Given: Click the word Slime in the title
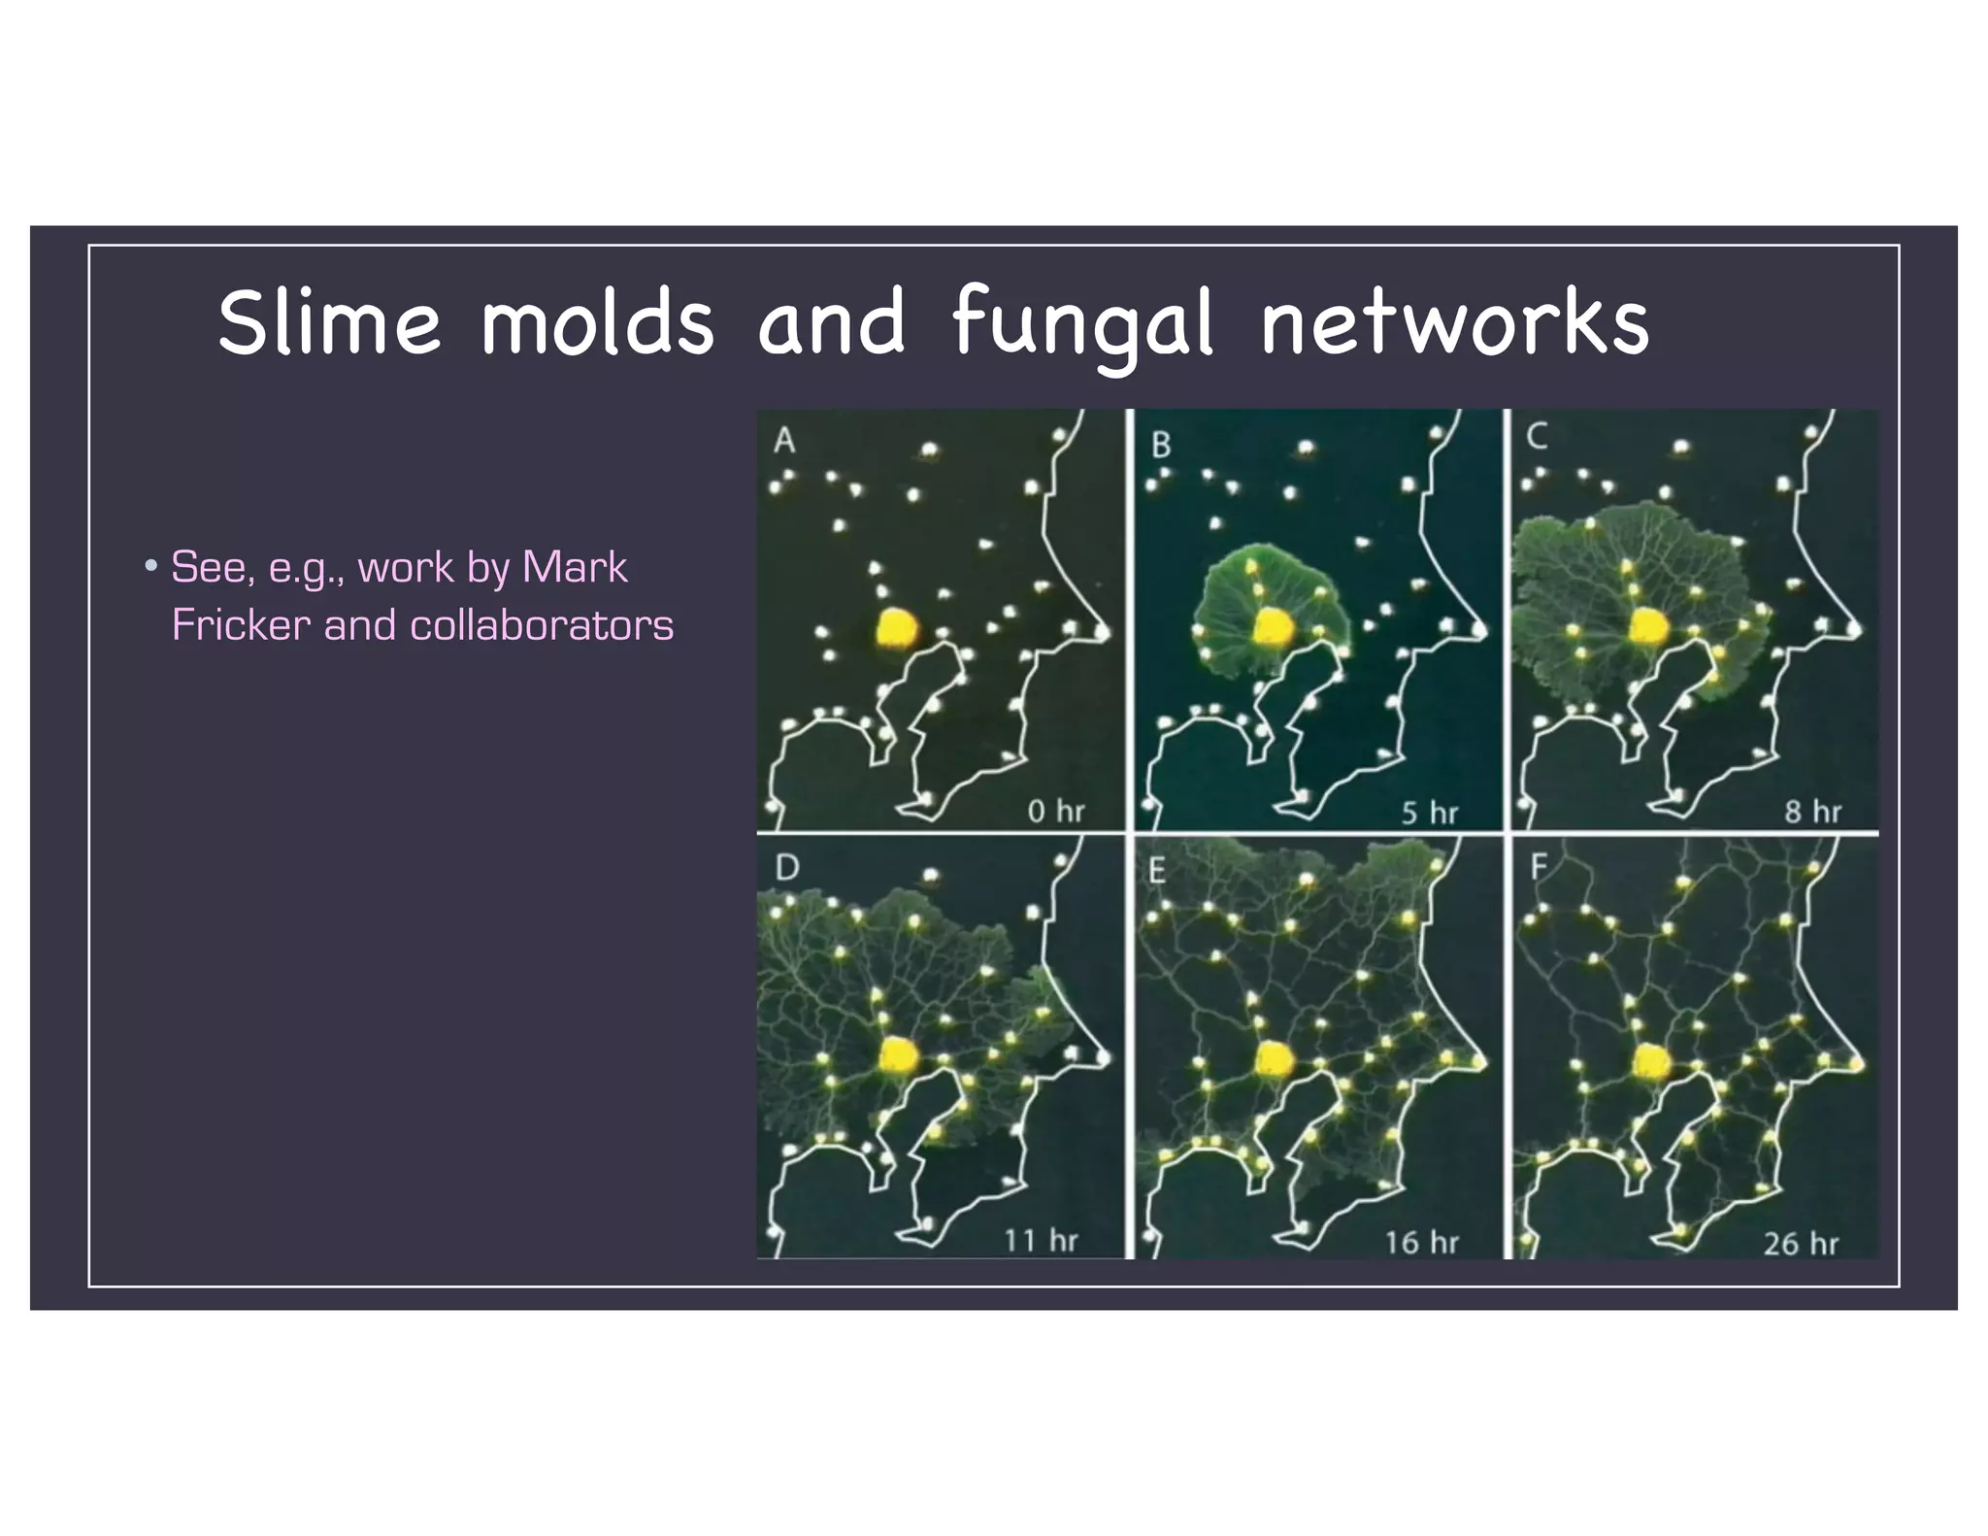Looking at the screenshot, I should coord(329,322).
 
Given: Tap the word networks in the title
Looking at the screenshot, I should coord(1454,322).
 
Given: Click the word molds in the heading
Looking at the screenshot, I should coord(597,322).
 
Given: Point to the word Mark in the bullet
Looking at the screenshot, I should coord(575,567).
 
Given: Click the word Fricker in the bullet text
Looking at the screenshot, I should coord(241,625).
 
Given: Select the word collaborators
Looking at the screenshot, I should coord(542,625).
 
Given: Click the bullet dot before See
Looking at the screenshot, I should coord(150,566).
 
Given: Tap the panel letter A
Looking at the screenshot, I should coord(784,442).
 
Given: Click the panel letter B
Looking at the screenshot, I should coord(1161,446).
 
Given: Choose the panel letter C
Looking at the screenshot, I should coord(1537,438).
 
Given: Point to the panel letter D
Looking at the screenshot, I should coord(787,867).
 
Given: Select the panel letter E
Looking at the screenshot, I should coord(1157,872).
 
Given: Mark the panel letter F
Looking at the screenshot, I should coord(1539,867).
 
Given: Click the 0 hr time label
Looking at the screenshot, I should coord(1055,811).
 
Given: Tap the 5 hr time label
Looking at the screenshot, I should coord(1429,813).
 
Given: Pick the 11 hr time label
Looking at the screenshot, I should coord(1041,1241).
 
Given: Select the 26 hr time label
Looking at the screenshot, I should coord(1801,1244).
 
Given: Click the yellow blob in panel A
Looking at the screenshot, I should coord(896,628).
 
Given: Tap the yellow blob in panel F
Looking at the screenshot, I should coord(1650,1060).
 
